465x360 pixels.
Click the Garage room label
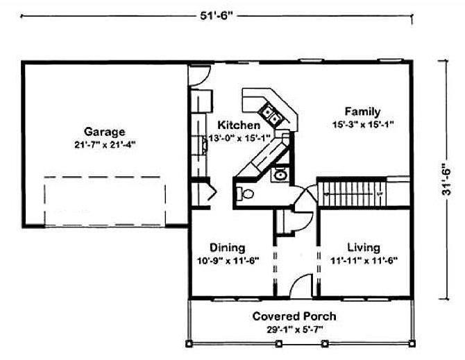104,132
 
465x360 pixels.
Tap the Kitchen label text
239,125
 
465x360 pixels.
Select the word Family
362,112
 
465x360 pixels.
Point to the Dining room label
228,248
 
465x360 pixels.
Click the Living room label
364,248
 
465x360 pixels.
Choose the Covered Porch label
294,316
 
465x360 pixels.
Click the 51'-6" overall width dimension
215,15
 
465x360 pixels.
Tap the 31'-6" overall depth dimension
446,179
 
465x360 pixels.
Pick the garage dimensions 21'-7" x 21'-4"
105,145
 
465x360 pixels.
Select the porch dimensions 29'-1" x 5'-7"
294,329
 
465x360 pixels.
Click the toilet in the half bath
245,194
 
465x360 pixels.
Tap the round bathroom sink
280,175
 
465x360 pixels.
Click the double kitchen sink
271,116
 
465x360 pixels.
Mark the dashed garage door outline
104,201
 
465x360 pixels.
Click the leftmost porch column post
189,344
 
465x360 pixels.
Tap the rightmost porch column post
412,344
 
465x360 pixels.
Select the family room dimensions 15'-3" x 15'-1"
363,124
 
